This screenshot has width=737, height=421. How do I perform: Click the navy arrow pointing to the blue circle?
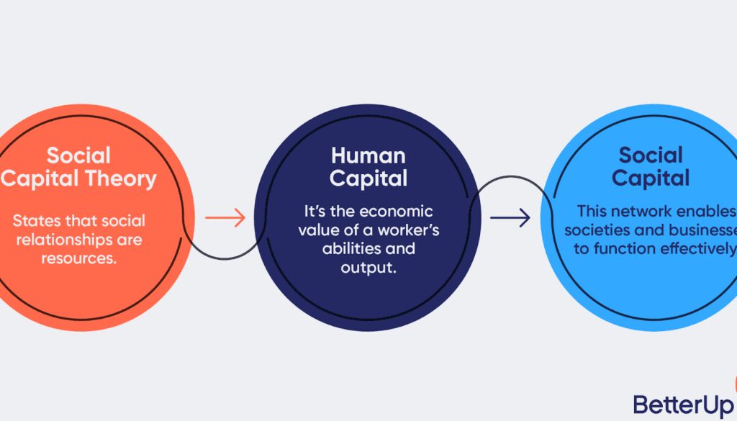tap(510, 217)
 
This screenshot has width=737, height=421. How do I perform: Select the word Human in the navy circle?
tap(368, 155)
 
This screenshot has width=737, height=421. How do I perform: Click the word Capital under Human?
tap(368, 178)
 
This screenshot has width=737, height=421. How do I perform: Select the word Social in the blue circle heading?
tap(651, 155)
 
